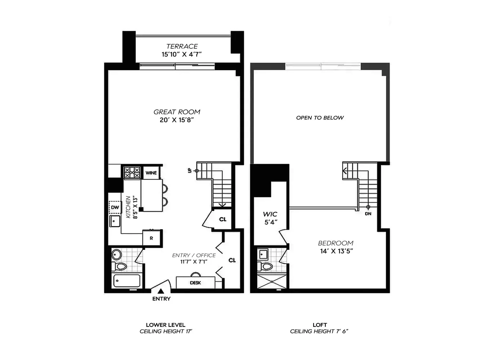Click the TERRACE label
[x=182, y=46]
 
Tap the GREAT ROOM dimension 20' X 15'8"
[x=176, y=120]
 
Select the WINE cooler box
[x=151, y=172]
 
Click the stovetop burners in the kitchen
[x=132, y=172]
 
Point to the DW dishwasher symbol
[x=115, y=207]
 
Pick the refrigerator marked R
[x=151, y=238]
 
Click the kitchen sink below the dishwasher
[x=115, y=221]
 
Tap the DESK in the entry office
[x=195, y=283]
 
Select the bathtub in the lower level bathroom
[x=127, y=281]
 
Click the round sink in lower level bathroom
[x=117, y=254]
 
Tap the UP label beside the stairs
[x=190, y=171]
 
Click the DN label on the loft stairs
[x=368, y=213]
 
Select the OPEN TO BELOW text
[x=320, y=118]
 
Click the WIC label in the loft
[x=270, y=214]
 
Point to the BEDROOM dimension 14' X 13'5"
[x=336, y=251]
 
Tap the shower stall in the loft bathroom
[x=272, y=282]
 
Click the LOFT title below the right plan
[x=320, y=325]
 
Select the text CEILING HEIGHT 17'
[x=166, y=332]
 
